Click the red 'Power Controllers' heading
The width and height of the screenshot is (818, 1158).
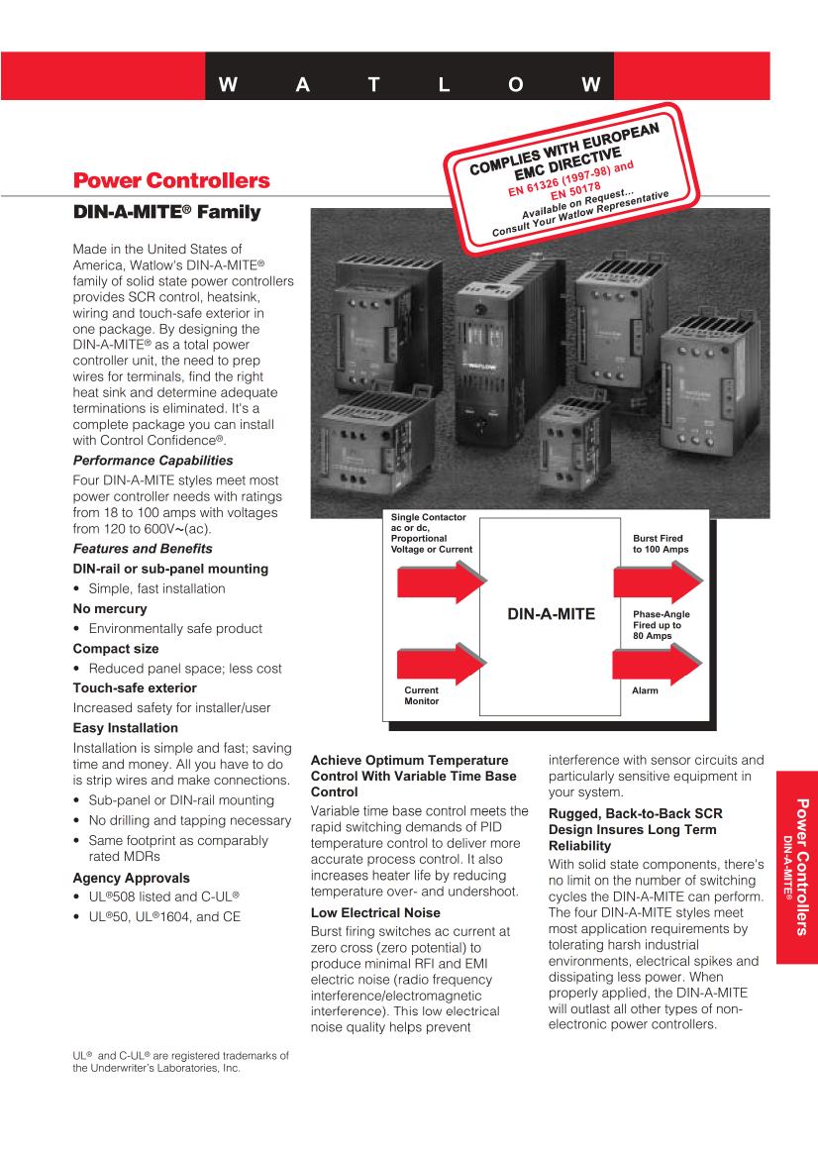[171, 181]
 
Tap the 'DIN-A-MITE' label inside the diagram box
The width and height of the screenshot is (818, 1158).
[551, 614]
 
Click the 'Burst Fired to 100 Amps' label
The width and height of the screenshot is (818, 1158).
[660, 543]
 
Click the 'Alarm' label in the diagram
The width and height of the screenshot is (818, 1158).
[645, 689]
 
